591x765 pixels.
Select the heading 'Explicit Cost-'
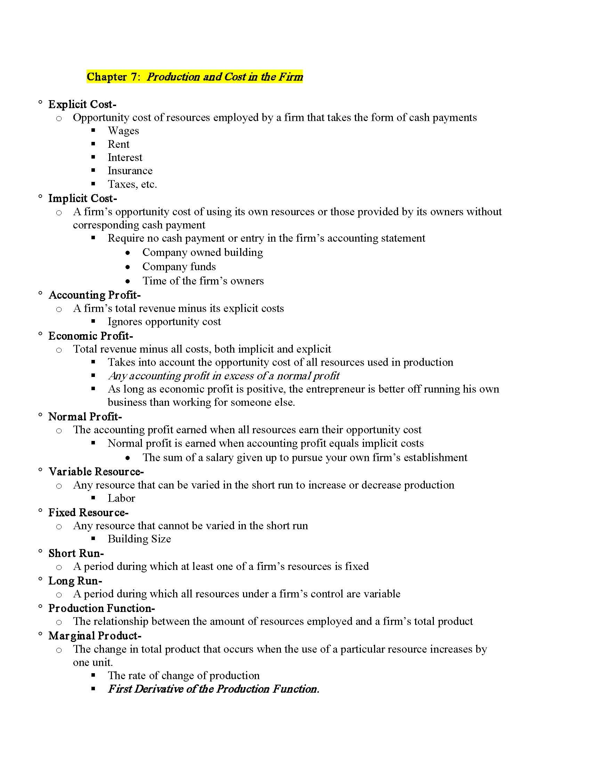tap(82, 104)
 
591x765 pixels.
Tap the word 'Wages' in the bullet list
tap(123, 131)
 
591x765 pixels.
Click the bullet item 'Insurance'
tap(130, 171)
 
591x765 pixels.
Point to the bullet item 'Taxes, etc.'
tap(132, 184)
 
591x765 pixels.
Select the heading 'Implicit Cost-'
tap(83, 198)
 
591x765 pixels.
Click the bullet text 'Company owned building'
tap(202, 252)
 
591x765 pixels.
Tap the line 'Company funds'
tap(179, 267)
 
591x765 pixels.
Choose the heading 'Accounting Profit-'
tap(95, 295)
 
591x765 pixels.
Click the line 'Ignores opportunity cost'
tap(164, 322)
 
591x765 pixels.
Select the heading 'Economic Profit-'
tap(91, 336)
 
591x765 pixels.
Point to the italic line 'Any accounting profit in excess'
tap(224, 376)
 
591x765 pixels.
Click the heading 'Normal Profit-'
tap(85, 417)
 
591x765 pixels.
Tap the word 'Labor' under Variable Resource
tap(121, 498)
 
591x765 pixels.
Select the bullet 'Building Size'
tap(139, 539)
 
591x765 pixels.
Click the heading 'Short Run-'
tap(76, 553)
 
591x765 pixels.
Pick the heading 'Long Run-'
tap(75, 581)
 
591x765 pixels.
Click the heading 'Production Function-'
tap(102, 608)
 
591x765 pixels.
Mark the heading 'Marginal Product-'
tap(95, 635)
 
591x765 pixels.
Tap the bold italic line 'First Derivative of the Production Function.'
tap(213, 689)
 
